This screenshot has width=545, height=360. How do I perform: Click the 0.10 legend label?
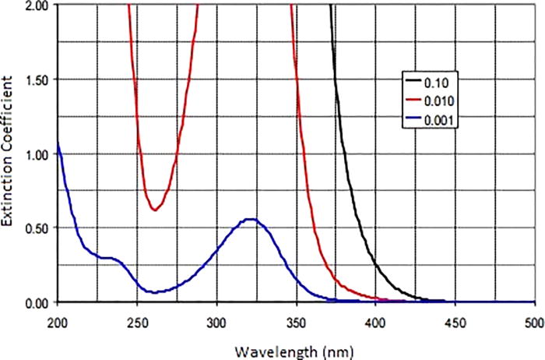coord(434,82)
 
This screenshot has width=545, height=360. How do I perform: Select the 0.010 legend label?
coord(438,101)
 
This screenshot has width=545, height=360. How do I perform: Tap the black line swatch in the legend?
coord(412,82)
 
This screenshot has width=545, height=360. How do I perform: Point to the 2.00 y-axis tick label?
coord(37,5)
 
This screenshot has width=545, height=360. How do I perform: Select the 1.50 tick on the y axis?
coord(37,79)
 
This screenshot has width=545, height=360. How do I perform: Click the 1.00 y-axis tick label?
coord(37,154)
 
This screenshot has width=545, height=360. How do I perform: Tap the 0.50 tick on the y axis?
coord(37,228)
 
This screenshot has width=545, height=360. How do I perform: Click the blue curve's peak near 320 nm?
coord(250,219)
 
